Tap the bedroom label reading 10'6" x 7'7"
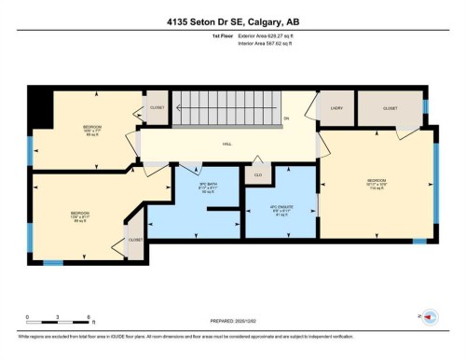coord(91,129)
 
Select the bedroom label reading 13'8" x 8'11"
coord(79,215)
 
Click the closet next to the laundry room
coord(390,109)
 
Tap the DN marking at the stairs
coord(286,118)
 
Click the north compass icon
coord(430,317)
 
